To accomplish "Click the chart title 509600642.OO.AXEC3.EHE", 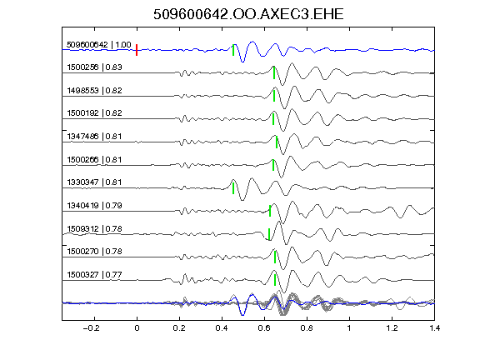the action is [248, 14].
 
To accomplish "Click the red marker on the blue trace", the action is [137, 50].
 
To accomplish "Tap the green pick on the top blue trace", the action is [233, 50].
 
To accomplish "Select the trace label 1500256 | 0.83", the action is [94, 67].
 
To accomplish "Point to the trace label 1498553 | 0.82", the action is [94, 90].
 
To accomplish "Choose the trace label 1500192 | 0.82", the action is [94, 113].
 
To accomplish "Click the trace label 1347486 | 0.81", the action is [94, 136].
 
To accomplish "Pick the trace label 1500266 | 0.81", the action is [94, 159].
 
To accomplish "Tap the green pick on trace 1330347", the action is [233, 188].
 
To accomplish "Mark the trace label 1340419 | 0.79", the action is [94, 205].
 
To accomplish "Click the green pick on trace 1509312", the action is [269, 234].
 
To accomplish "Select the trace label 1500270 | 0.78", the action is [94, 252].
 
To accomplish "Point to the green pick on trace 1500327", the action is [275, 280].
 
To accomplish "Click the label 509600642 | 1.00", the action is [99, 45].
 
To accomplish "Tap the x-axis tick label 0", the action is [137, 328].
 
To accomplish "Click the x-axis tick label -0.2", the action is [91, 328].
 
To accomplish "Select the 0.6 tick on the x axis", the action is [264, 328].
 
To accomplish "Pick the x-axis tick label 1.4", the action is [434, 328].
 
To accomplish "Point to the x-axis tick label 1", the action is [349, 328].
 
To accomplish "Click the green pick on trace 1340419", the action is [270, 211].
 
